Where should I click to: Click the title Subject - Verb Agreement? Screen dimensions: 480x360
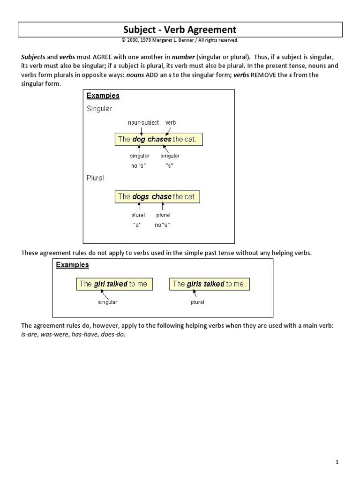(180, 30)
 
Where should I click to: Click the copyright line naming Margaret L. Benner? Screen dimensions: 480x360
(180, 40)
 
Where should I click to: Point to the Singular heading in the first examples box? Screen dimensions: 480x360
(99, 109)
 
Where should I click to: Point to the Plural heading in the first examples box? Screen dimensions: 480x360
(95, 178)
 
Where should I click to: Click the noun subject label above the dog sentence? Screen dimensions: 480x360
(143, 123)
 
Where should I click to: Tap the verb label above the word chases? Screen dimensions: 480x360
(170, 123)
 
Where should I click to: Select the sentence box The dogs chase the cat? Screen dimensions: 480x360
(157, 197)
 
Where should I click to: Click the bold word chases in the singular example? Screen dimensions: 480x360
(159, 139)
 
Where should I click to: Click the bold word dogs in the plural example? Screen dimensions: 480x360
(140, 197)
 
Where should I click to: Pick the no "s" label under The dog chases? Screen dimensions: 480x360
(138, 166)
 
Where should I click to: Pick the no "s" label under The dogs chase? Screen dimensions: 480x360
(162, 225)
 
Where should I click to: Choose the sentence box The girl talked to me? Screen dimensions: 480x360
(114, 284)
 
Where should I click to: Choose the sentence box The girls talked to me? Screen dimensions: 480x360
(209, 284)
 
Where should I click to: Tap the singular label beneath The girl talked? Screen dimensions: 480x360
(107, 302)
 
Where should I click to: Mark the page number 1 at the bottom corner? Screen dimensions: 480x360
(337, 462)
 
